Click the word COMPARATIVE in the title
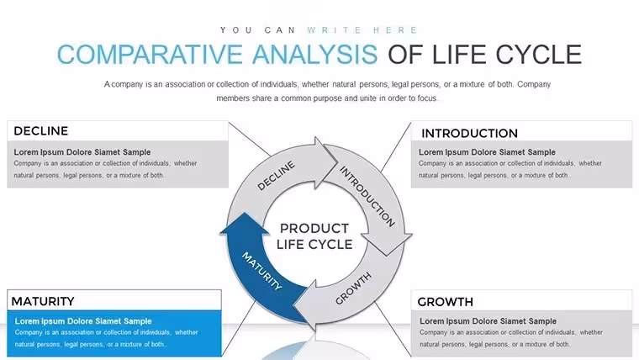click(150, 55)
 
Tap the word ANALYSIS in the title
click(315, 55)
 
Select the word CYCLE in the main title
click(538, 55)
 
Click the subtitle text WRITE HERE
click(362, 30)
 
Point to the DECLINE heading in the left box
click(40, 131)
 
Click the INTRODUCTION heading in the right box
click(469, 134)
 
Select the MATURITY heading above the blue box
click(43, 301)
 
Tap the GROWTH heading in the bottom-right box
click(445, 302)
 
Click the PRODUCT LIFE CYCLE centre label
click(314, 236)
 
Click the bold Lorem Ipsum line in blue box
click(83, 321)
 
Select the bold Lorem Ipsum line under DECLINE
click(82, 152)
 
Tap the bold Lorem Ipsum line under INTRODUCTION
click(487, 152)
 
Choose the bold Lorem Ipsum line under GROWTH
click(488, 321)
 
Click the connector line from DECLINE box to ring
click(249, 139)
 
